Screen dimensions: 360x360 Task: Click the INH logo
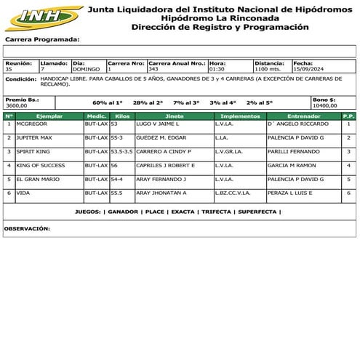pos(42,17)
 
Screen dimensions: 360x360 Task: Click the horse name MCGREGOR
pos(31,124)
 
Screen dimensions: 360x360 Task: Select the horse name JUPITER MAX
pos(33,137)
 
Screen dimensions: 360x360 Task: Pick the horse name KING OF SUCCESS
pos(41,165)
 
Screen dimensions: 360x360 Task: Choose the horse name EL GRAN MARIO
pos(38,179)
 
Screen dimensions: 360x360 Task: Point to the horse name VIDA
pos(23,193)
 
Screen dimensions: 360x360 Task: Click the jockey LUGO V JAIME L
pos(158,124)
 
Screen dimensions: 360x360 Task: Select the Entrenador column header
pos(304,116)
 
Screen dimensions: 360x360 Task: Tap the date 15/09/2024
pos(310,69)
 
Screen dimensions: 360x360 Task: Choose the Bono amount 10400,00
pos(324,105)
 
